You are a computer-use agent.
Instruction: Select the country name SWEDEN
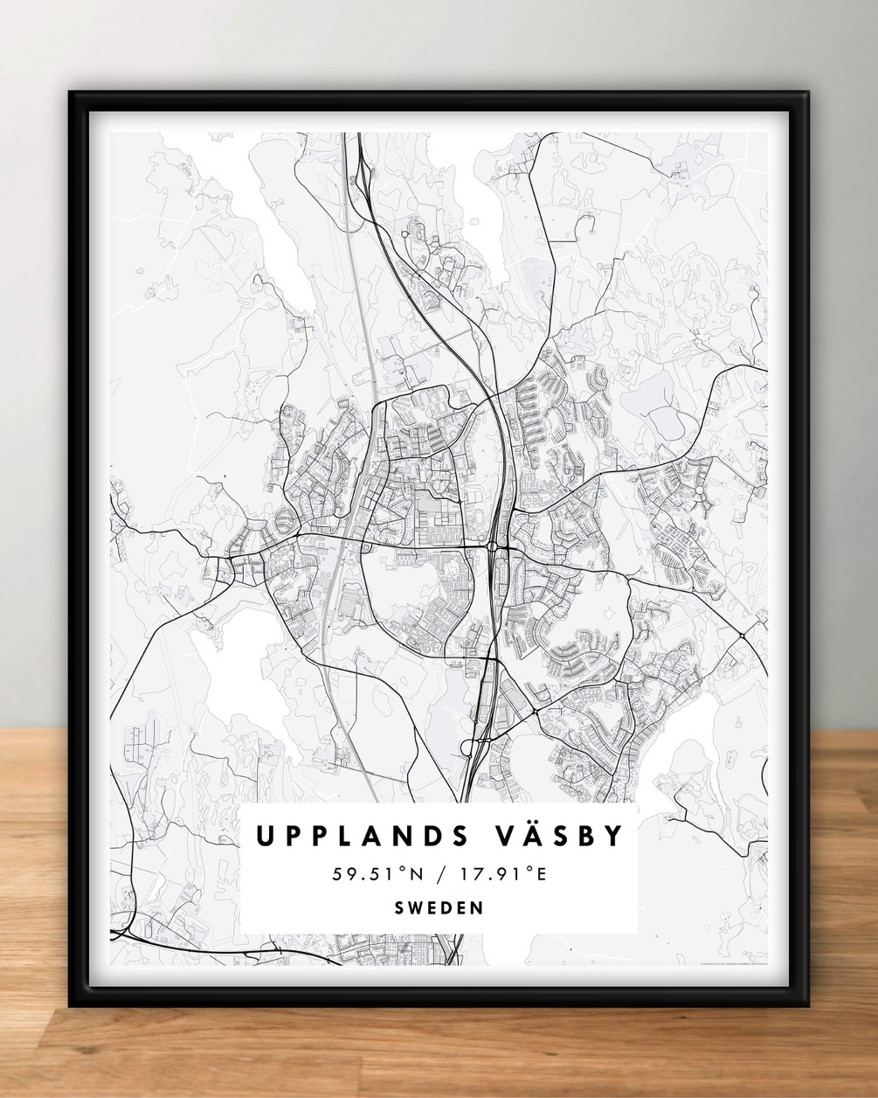click(x=439, y=907)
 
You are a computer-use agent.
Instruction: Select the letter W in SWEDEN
click(x=418, y=907)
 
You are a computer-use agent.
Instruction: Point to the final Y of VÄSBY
click(x=616, y=837)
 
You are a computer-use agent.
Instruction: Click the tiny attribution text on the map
click(x=733, y=965)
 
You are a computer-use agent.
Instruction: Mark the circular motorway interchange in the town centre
click(x=494, y=547)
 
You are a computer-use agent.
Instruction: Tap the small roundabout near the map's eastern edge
click(x=740, y=634)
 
